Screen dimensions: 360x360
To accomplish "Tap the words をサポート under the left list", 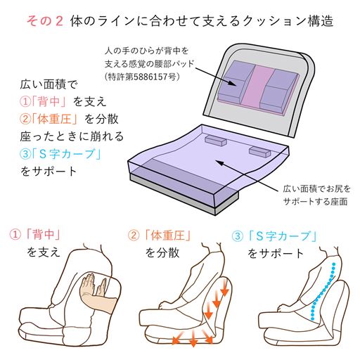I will tap(46, 172).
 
